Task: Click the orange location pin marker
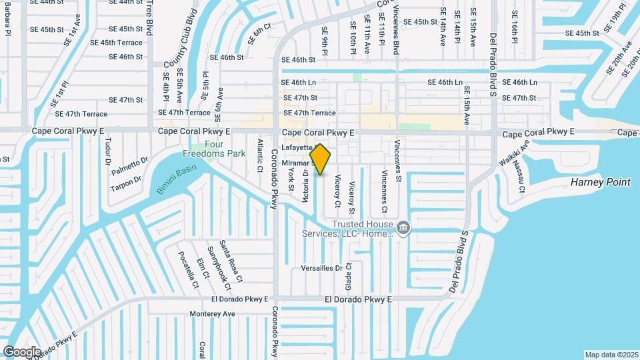(x=321, y=159)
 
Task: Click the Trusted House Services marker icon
(x=403, y=229)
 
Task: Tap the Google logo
(x=21, y=351)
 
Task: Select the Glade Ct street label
(x=348, y=275)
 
